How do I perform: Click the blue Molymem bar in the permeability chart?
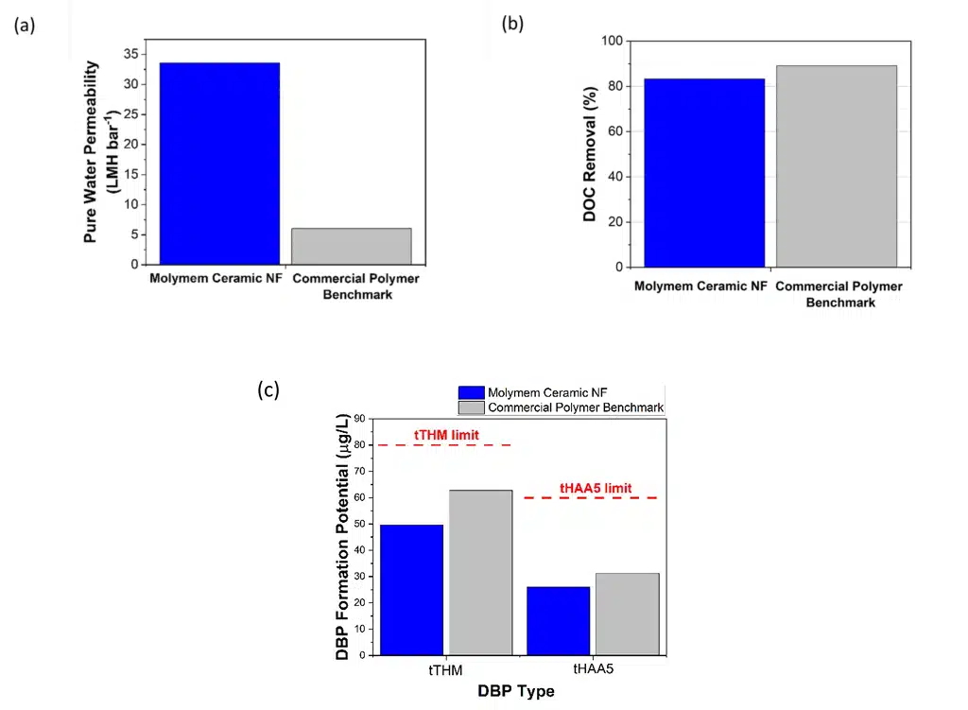pos(219,164)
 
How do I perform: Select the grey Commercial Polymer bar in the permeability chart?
pos(351,246)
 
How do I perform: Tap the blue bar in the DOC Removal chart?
pos(704,173)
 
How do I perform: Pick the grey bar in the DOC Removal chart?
pos(837,166)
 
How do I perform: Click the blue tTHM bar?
pos(411,589)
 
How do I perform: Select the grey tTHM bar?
pos(480,572)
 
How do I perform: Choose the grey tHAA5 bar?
pos(628,614)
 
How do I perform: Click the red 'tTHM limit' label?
pos(447,435)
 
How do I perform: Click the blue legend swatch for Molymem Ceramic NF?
pos(471,392)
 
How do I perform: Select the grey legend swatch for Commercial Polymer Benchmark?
pos(471,407)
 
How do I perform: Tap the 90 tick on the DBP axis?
pos(362,418)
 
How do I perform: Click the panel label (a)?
pos(25,26)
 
